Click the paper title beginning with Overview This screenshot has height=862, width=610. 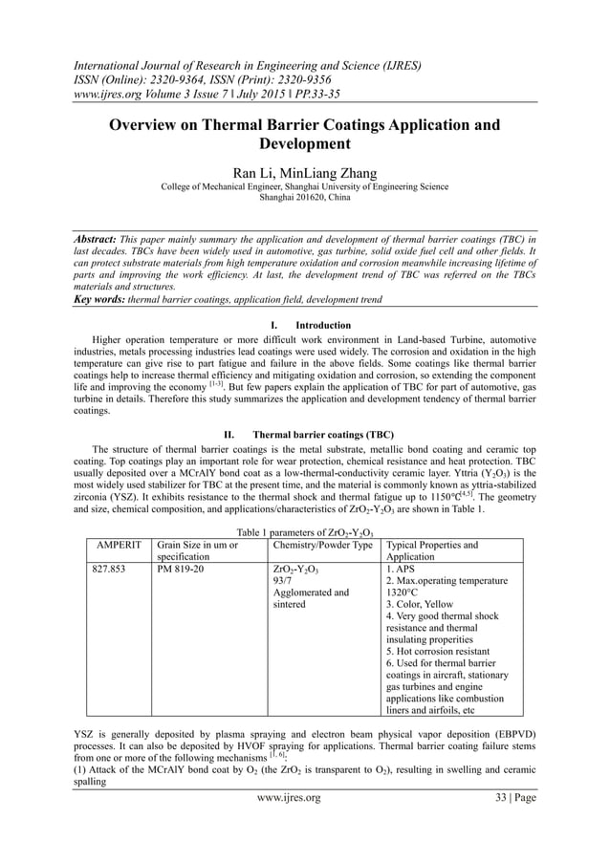(x=304, y=135)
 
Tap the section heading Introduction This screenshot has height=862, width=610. (x=323, y=325)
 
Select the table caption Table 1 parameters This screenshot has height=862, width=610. (x=305, y=531)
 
